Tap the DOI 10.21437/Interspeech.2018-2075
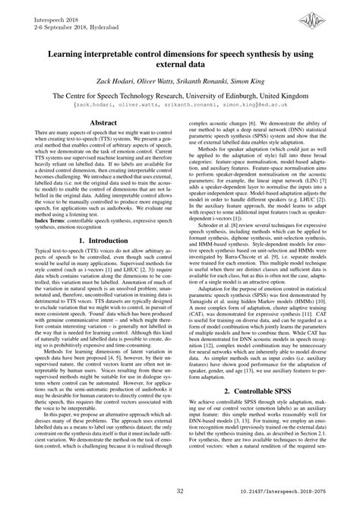(302, 493)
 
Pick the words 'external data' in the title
(180, 64)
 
